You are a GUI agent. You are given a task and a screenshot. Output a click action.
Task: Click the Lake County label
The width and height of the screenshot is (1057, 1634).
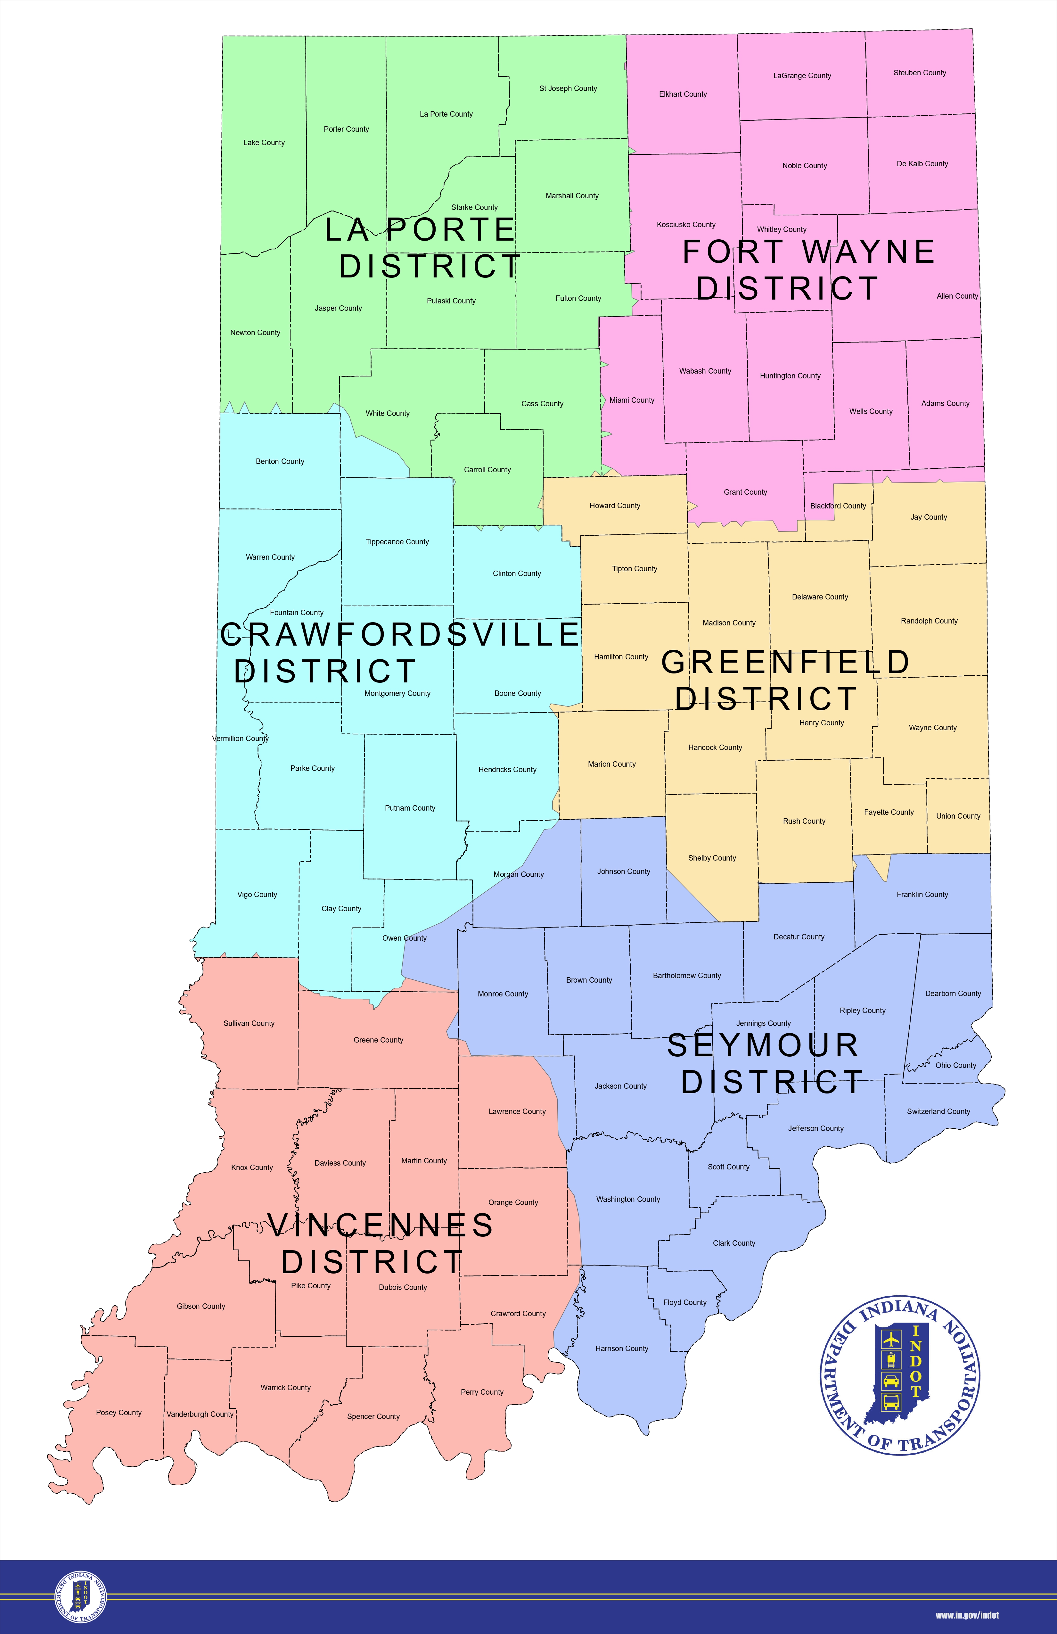point(264,143)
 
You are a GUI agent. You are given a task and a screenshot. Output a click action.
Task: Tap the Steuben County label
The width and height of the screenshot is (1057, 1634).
point(919,73)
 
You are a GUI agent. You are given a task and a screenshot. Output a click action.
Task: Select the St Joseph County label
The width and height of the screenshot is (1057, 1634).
point(568,88)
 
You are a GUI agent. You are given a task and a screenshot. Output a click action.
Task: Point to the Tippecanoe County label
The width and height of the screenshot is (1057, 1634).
point(397,542)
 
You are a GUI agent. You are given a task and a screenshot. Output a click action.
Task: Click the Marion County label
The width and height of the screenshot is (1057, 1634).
point(611,764)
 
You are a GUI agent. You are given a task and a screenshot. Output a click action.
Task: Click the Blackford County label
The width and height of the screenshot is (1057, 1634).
point(838,506)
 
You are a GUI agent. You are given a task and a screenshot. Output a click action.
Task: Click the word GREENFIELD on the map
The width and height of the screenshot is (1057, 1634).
point(785,662)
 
